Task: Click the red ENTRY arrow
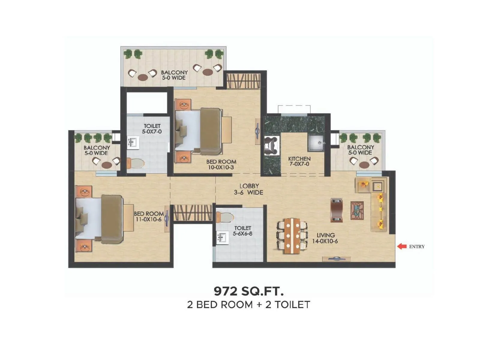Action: [402, 246]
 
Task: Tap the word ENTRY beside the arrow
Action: [417, 247]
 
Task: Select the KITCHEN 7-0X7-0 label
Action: [299, 161]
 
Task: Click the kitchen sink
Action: [316, 143]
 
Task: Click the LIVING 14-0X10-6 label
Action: [325, 238]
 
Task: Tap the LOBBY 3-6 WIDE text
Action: [249, 189]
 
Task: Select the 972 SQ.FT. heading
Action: [248, 291]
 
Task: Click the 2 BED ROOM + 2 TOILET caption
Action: [248, 304]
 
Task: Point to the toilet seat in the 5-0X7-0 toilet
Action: [136, 163]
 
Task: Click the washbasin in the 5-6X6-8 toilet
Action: [222, 237]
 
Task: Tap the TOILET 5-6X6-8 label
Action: [242, 231]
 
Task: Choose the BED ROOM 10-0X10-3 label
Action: [221, 164]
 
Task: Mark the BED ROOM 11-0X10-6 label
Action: [149, 216]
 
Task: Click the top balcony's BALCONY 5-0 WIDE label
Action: [174, 75]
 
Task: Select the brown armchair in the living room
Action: [337, 210]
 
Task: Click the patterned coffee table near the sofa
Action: [357, 211]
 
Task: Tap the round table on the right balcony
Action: [364, 165]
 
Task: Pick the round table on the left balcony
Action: [106, 165]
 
